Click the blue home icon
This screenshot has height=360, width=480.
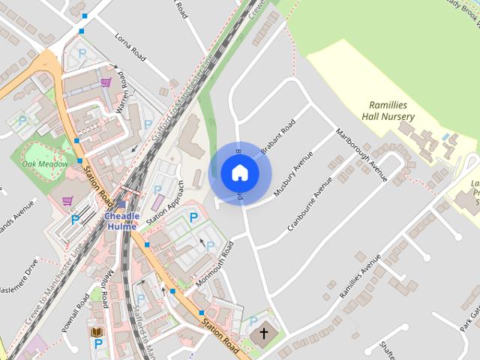point(239,173)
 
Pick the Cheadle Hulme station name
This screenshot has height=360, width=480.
point(121,221)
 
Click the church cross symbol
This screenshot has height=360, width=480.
point(263,332)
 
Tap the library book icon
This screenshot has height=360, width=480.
point(96,331)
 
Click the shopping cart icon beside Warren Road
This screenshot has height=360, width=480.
point(106,82)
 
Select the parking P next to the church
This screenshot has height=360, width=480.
point(253,321)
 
